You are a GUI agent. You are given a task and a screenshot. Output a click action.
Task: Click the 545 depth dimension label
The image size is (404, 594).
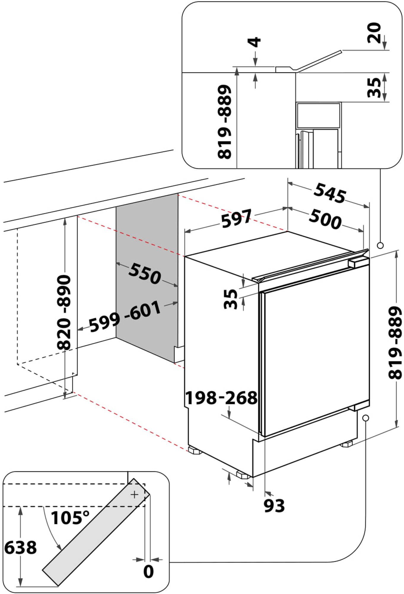pyautogui.click(x=330, y=193)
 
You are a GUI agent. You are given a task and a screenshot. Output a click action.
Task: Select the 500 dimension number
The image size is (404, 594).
pyautogui.click(x=325, y=219)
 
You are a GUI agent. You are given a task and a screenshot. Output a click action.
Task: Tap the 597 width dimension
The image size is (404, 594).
pyautogui.click(x=236, y=218)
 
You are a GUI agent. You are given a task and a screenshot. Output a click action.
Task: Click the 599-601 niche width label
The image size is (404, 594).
pyautogui.click(x=125, y=316)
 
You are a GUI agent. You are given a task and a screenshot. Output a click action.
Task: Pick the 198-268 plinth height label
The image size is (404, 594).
pyautogui.click(x=221, y=398)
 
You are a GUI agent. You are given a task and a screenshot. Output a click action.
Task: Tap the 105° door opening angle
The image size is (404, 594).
pyautogui.click(x=70, y=517)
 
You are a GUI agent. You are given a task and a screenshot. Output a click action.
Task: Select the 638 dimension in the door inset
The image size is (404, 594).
pyautogui.click(x=20, y=547)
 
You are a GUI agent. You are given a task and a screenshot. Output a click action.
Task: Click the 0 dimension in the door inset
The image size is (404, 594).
pyautogui.click(x=148, y=571)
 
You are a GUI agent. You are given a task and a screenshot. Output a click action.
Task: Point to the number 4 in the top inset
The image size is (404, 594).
pyautogui.click(x=255, y=42)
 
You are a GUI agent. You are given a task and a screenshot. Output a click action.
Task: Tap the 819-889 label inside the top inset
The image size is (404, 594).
pyautogui.click(x=225, y=122)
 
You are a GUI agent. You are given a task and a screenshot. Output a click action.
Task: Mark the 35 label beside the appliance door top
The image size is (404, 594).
pyautogui.click(x=231, y=299)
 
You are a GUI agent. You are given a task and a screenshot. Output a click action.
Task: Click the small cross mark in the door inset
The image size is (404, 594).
pyautogui.click(x=134, y=495)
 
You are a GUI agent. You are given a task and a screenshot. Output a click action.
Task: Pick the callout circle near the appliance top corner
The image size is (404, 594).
pyautogui.click(x=380, y=245)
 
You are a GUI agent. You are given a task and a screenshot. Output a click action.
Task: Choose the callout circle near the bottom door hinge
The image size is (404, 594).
pyautogui.click(x=365, y=418)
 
